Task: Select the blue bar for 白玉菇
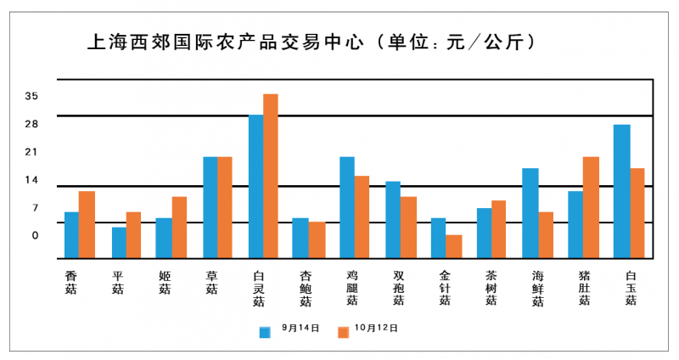[622, 191]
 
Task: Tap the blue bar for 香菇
[71, 235]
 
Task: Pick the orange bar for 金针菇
[454, 246]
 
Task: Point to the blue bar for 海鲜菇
[530, 213]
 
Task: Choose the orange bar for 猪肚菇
[591, 207]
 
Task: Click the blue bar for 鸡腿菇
[347, 207]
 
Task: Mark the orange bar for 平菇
[133, 235]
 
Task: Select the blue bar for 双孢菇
[393, 219]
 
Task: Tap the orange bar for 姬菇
[179, 228]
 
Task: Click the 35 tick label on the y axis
[31, 96]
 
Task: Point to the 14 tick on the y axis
[31, 180]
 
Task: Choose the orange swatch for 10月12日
[344, 332]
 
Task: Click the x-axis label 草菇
[211, 282]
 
